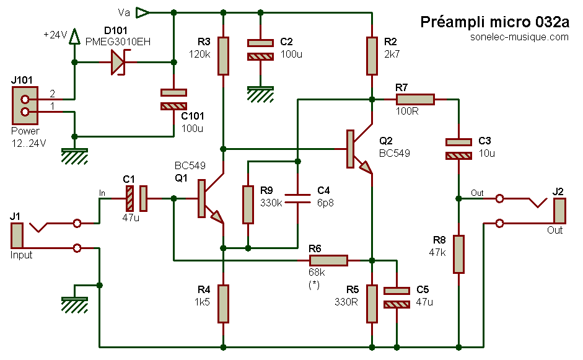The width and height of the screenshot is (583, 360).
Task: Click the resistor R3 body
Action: coord(223,56)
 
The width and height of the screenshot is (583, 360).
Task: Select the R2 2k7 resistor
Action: coord(372,56)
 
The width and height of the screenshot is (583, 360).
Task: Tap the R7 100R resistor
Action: coord(415,99)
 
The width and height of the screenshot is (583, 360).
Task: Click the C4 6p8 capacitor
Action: coord(297,198)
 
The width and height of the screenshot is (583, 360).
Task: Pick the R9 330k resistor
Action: coord(248,204)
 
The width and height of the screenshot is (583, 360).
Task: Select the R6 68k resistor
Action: coord(328,260)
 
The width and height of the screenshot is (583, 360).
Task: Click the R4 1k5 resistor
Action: coord(223,304)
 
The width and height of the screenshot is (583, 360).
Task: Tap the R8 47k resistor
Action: coord(458,254)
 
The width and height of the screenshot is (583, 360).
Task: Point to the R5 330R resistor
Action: coord(372,304)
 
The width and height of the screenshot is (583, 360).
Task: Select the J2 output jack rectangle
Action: coord(560,211)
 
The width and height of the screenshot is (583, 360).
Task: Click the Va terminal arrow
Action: coord(143,12)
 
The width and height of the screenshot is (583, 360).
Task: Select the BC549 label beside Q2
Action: coord(395,153)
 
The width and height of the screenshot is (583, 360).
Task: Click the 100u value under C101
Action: coord(192,128)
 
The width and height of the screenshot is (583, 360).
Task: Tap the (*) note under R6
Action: coord(314,284)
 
